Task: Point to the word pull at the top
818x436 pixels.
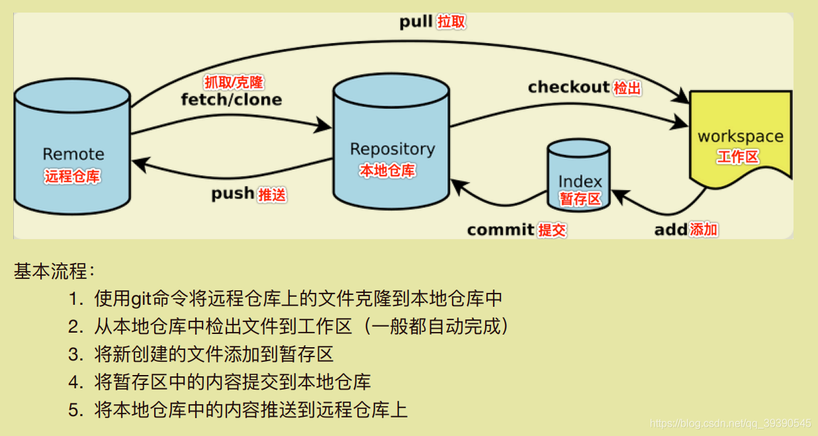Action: [416, 22]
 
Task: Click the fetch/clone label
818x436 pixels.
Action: [231, 100]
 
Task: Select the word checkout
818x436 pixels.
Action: [568, 87]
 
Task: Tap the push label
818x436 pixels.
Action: [233, 194]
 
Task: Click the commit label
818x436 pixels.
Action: [500, 230]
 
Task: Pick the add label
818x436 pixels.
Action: [671, 230]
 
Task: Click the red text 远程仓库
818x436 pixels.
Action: [73, 177]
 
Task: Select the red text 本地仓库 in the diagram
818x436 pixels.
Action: [387, 170]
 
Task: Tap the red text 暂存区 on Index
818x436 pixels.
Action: [580, 199]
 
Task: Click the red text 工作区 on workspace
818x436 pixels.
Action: [738, 157]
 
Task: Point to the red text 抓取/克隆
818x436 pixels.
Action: [234, 83]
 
